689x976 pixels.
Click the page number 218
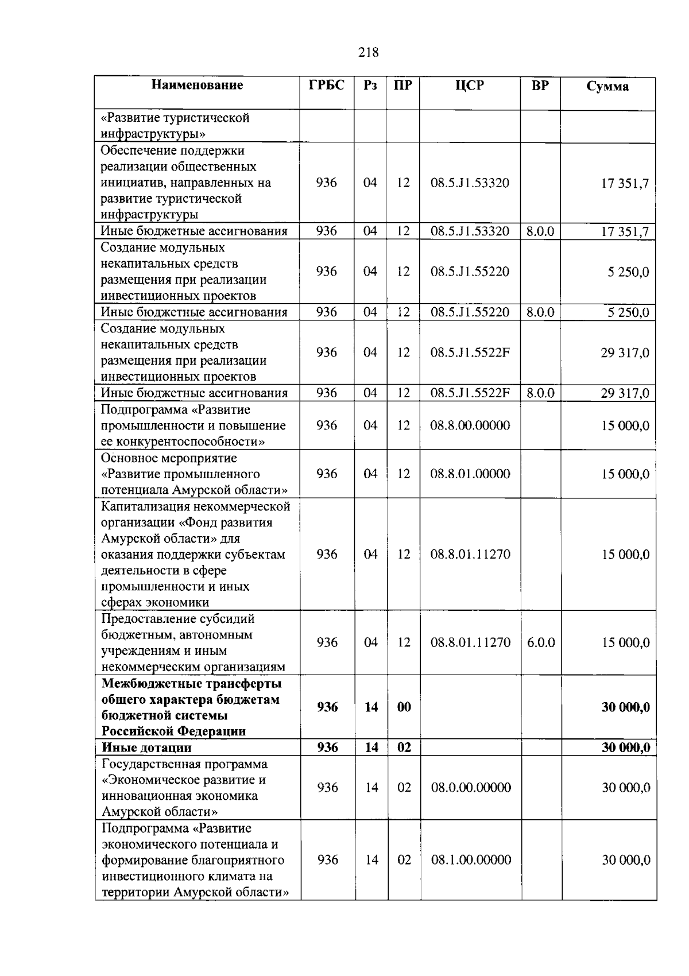(368, 52)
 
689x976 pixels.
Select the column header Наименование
(197, 86)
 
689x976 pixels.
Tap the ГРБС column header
(327, 86)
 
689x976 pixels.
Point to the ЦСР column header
(470, 86)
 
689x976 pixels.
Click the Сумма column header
(607, 87)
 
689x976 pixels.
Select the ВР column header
(540, 86)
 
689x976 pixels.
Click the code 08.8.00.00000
(470, 425)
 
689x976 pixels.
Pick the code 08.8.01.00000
(470, 474)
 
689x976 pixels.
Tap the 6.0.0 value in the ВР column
(541, 642)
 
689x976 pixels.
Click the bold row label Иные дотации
(147, 748)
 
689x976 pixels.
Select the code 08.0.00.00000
(471, 788)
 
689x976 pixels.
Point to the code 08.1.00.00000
(471, 860)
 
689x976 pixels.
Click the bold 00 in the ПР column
(404, 707)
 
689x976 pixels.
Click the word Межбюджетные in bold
(144, 684)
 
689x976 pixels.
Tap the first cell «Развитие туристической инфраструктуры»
(175, 126)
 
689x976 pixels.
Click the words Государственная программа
(184, 764)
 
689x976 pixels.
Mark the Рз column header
(370, 86)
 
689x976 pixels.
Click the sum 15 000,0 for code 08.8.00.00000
(625, 426)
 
